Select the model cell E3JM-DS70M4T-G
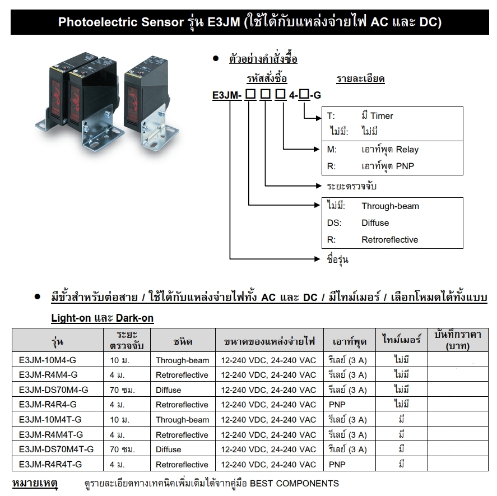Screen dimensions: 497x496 [57, 449]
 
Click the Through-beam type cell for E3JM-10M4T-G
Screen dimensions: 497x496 [182, 420]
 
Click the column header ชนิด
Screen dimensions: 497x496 [183, 341]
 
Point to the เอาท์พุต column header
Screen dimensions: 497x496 [350, 341]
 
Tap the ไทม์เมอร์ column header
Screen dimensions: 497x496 [402, 340]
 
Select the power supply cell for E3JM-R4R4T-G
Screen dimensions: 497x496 [268, 464]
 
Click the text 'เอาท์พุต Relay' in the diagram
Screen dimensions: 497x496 [390, 150]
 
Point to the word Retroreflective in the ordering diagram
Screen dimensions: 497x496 [389, 240]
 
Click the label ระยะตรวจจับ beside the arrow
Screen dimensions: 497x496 [351, 186]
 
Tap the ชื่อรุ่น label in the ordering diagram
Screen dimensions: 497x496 [337, 259]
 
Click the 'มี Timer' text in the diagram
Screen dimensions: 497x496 [377, 115]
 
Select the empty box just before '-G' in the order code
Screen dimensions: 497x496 [304, 94]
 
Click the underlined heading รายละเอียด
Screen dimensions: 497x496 [360, 78]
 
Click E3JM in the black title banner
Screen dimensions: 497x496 [224, 22]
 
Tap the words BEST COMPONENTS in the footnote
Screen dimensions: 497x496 [295, 483]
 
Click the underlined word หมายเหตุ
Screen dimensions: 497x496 [35, 483]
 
